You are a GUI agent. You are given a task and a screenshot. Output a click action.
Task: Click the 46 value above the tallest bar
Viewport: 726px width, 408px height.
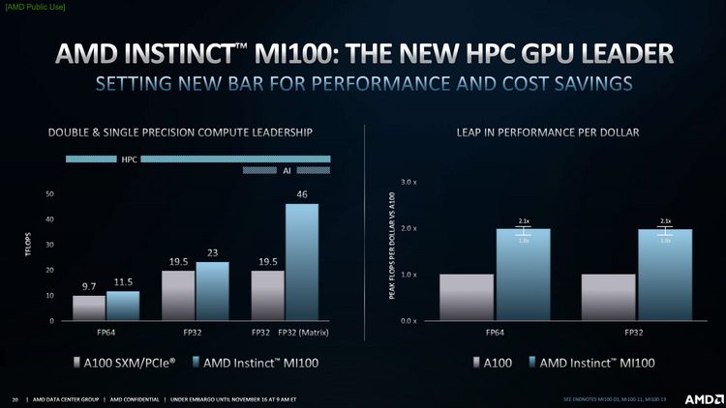click(x=302, y=194)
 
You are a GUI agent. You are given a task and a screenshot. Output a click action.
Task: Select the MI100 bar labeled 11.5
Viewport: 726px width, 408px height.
click(x=123, y=305)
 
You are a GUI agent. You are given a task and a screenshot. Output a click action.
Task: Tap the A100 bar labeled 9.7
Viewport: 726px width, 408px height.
click(x=89, y=306)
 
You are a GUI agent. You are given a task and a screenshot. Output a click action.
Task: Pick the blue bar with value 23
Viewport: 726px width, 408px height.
click(x=213, y=290)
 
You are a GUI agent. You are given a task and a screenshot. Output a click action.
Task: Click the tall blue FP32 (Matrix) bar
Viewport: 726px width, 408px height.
click(x=302, y=261)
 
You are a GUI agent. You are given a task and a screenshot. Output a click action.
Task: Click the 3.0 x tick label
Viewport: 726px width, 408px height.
click(x=408, y=182)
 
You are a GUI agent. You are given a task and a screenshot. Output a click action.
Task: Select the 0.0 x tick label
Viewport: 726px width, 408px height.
click(x=408, y=320)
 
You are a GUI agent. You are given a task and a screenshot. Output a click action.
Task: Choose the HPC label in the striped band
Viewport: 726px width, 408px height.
click(x=129, y=159)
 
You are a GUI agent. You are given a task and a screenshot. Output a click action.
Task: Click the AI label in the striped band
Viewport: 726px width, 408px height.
click(x=287, y=170)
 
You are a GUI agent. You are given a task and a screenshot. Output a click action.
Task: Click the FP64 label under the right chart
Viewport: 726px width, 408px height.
click(x=495, y=332)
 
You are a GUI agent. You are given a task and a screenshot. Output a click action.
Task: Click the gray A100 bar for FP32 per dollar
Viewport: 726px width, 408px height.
click(x=608, y=297)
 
